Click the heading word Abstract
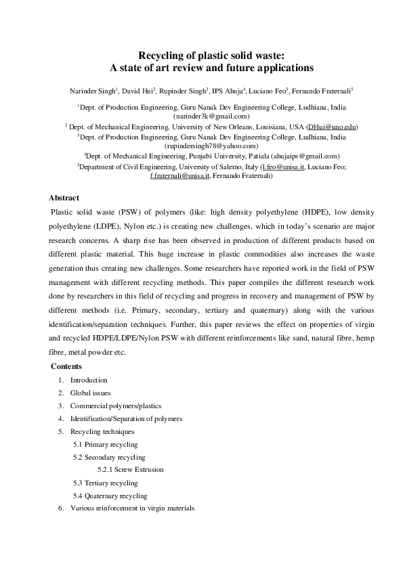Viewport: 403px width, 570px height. (x=64, y=198)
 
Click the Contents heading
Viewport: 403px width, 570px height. (x=69, y=366)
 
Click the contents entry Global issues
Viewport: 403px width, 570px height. (x=90, y=393)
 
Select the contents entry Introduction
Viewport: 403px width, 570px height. (x=88, y=380)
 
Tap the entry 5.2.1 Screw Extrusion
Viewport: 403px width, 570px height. (x=130, y=469)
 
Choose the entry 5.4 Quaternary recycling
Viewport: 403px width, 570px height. (x=110, y=496)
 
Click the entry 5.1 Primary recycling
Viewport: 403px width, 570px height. (x=105, y=444)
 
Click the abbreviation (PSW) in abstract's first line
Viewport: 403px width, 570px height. (x=127, y=212)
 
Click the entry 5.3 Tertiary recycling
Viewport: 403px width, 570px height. (x=105, y=483)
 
